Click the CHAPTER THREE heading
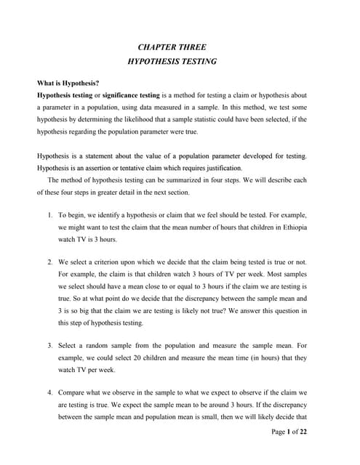click(172, 47)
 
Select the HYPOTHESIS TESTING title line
click(172, 62)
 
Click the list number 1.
click(49, 216)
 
